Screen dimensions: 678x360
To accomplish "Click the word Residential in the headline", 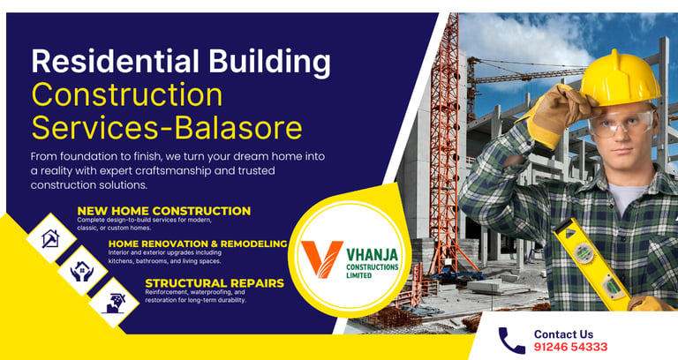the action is (115, 61).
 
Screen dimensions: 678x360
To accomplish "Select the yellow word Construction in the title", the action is (127, 94).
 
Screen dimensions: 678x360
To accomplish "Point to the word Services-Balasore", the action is (167, 127).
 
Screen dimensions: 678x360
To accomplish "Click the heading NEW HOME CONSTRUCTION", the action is (164, 211).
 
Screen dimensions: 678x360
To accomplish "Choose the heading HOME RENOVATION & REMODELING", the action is (198, 244).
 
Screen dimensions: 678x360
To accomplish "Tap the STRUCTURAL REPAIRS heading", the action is (215, 283).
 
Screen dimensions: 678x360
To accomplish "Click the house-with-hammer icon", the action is (51, 238).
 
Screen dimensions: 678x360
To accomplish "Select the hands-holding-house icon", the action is (82, 271).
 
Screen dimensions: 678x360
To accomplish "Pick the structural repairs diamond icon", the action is (114, 303).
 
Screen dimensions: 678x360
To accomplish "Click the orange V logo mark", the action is (321, 259).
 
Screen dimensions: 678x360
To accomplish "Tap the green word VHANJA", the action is (373, 254).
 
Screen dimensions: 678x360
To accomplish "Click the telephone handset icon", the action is (512, 340).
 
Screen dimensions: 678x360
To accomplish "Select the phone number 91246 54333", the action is (570, 347).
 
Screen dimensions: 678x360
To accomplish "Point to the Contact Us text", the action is (563, 334).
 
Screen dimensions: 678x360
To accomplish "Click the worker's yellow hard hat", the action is (620, 79).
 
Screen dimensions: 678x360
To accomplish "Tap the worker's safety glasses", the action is (621, 123).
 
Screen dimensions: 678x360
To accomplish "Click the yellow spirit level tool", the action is (591, 264).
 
